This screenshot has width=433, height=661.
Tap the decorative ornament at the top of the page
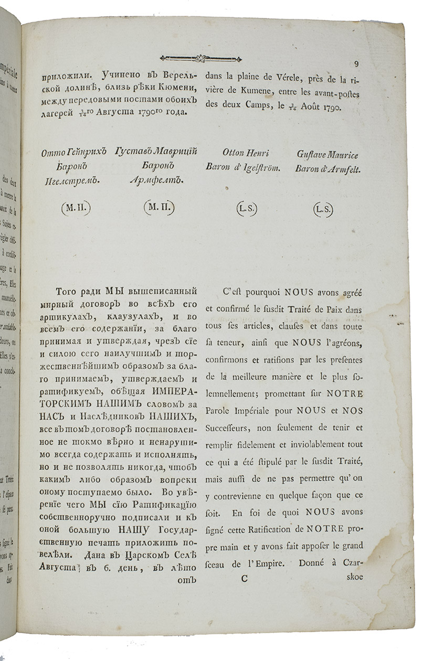pyautogui.click(x=197, y=58)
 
